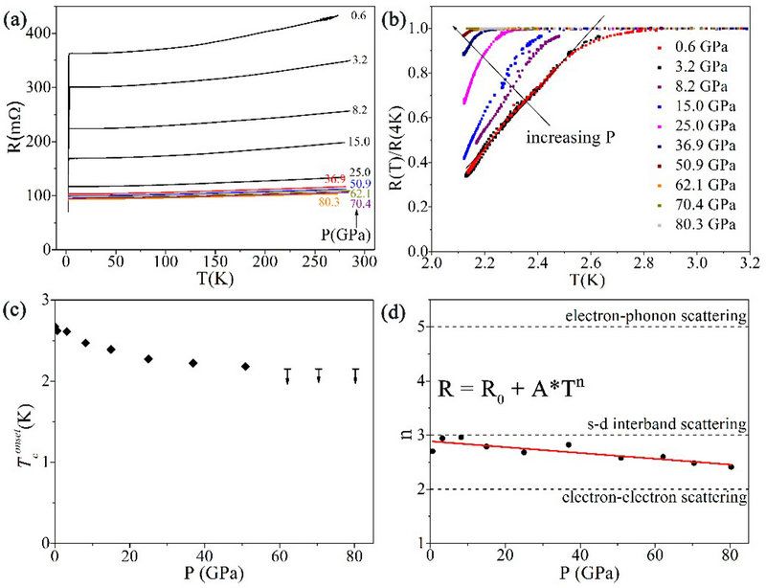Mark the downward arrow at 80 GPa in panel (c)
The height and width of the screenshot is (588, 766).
356,376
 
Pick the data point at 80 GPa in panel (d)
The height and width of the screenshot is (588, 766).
731,467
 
